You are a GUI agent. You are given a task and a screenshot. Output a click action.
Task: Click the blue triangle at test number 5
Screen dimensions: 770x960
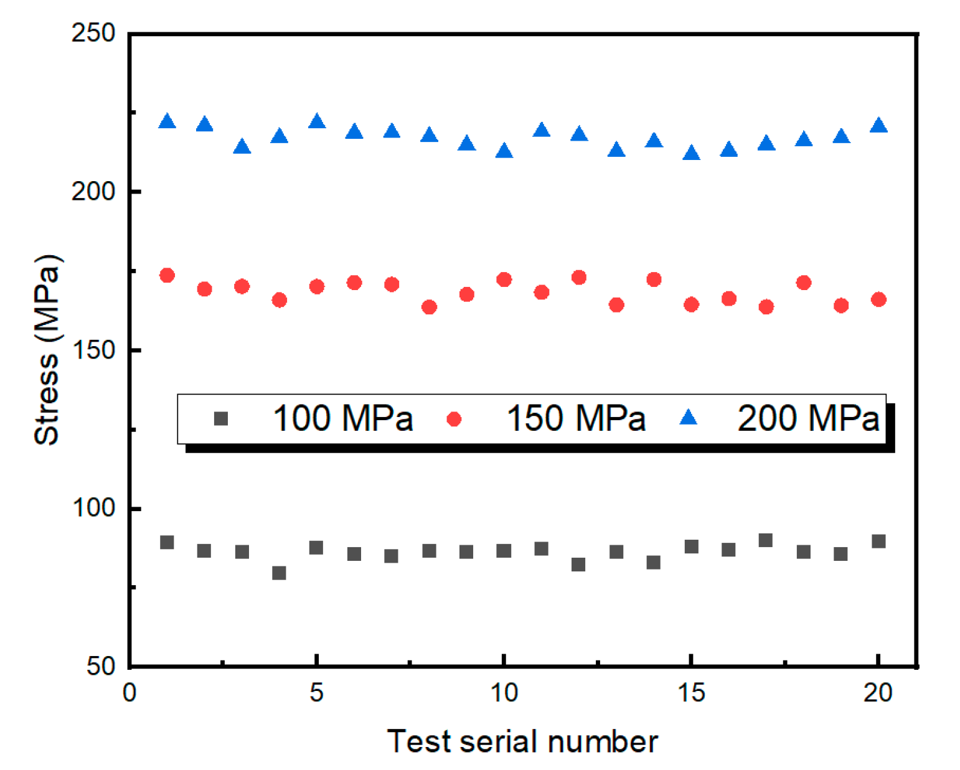pyautogui.click(x=317, y=121)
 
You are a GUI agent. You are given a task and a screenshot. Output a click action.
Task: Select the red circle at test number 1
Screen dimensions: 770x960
pyautogui.click(x=167, y=275)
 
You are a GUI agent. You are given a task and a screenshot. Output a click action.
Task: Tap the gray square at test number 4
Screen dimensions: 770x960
pyautogui.click(x=279, y=573)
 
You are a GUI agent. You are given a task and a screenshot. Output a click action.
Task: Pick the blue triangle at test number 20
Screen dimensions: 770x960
pyautogui.click(x=878, y=126)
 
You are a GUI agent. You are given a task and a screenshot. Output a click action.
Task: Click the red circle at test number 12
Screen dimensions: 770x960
pyautogui.click(x=579, y=277)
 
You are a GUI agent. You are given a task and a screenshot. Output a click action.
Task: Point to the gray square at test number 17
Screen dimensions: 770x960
pyautogui.click(x=766, y=540)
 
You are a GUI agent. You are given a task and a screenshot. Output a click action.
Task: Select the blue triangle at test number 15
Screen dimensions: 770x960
pyautogui.click(x=691, y=153)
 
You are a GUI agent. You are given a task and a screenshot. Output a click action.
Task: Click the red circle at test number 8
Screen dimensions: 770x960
pyautogui.click(x=429, y=307)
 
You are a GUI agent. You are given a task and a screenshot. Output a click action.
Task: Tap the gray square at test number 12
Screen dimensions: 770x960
pyautogui.click(x=578, y=565)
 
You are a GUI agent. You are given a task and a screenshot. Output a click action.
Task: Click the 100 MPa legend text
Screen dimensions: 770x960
pyautogui.click(x=343, y=418)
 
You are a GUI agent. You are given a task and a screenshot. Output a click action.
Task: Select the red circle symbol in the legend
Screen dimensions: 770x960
pyautogui.click(x=454, y=419)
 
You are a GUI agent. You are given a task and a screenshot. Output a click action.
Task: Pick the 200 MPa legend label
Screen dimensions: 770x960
pyautogui.click(x=808, y=418)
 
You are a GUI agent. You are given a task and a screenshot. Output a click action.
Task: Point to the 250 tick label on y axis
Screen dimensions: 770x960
pyautogui.click(x=94, y=33)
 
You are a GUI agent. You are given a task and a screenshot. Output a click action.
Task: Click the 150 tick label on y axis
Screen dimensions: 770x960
pyautogui.click(x=94, y=350)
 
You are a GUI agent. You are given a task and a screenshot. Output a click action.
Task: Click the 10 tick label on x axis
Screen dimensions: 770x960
pyautogui.click(x=504, y=693)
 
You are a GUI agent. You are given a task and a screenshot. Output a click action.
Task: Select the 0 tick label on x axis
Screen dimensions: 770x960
pyautogui.click(x=129, y=693)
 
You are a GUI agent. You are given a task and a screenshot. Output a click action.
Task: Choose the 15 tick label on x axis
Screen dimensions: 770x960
pyautogui.click(x=691, y=693)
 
